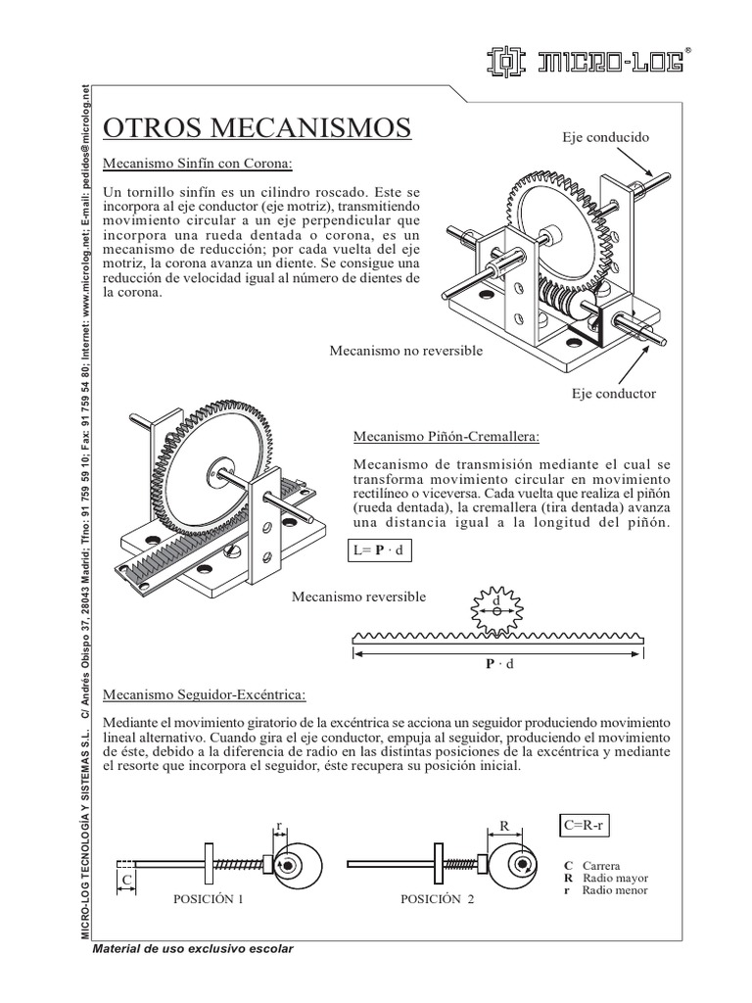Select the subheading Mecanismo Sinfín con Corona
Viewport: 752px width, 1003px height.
[x=199, y=163]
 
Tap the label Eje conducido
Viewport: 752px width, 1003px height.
[x=605, y=138]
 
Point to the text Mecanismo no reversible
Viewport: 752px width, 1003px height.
[x=405, y=351]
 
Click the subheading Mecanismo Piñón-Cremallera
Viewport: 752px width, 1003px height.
[x=446, y=434]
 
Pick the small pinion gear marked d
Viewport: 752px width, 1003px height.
[x=496, y=610]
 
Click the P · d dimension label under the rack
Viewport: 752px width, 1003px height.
[x=499, y=663]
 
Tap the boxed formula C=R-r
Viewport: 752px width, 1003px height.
[x=585, y=825]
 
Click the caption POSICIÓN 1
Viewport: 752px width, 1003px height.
[x=208, y=898]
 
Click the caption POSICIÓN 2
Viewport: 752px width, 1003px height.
[x=438, y=898]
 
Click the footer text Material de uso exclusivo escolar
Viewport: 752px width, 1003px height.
[x=192, y=949]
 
